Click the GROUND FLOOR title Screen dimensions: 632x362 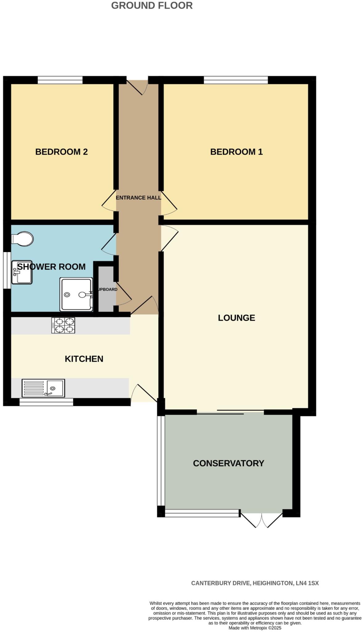tap(152, 6)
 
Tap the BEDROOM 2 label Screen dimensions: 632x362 tap(61, 152)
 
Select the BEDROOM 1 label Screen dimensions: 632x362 tap(236, 152)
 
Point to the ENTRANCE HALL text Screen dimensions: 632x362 tap(138, 197)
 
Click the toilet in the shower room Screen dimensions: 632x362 tap(23, 239)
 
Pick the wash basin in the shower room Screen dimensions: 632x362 tap(22, 272)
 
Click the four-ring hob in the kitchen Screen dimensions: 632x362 tap(63, 326)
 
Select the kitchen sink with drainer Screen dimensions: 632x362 tap(43, 388)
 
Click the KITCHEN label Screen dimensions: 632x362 tap(84, 359)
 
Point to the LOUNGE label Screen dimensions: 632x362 tap(236, 318)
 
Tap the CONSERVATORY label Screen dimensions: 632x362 tap(228, 463)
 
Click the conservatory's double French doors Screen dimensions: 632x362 tap(261, 520)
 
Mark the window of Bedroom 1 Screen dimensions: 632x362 tap(236, 80)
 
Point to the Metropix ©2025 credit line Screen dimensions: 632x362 tap(255, 628)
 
